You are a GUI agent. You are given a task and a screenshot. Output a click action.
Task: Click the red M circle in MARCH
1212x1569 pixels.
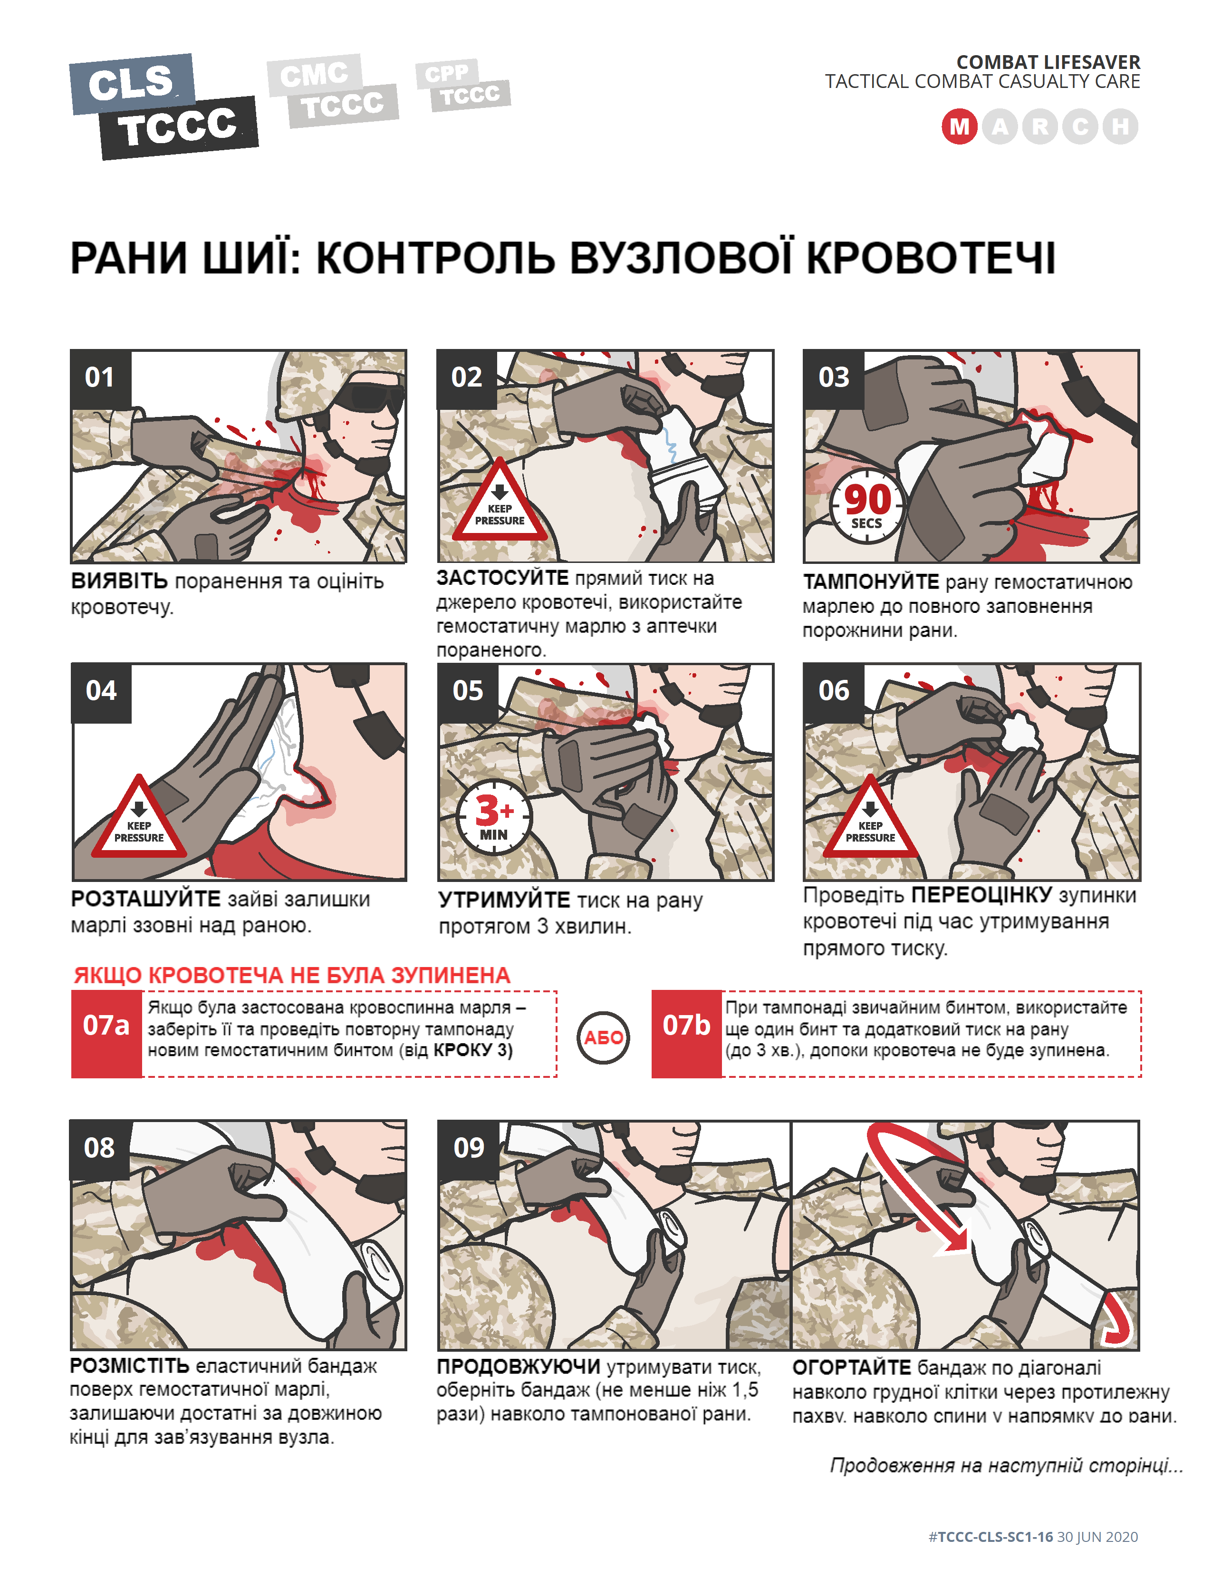959,127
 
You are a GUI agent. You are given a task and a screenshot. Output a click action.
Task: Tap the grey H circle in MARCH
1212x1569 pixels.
1120,127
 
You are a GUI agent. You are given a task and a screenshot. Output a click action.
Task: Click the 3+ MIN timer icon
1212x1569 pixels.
494,817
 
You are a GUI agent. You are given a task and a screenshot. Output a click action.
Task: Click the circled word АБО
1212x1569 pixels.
603,1037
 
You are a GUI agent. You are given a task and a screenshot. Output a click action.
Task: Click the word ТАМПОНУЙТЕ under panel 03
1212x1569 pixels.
870,582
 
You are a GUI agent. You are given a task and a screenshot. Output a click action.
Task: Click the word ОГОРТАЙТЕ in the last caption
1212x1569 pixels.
852,1367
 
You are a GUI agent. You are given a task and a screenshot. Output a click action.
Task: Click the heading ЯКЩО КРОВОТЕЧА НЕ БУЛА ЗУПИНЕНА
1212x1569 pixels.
291,975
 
